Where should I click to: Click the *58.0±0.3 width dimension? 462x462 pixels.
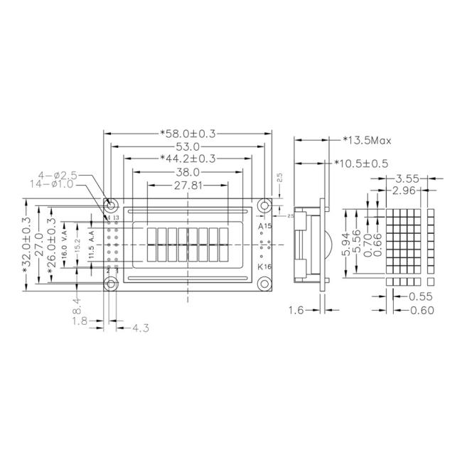coord(188,133)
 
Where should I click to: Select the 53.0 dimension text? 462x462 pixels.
coord(188,146)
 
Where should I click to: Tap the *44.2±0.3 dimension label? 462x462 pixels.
coord(188,159)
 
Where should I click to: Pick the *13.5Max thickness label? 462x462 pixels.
coord(367,139)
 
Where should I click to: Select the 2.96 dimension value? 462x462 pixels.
coord(408,190)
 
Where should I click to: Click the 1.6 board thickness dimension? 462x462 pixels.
coord(298,310)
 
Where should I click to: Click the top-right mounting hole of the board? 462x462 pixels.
coord(265,205)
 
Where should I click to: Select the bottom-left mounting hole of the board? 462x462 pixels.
coord(112,284)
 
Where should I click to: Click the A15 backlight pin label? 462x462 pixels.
coord(264,227)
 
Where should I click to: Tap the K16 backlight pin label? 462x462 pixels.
coord(264,267)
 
